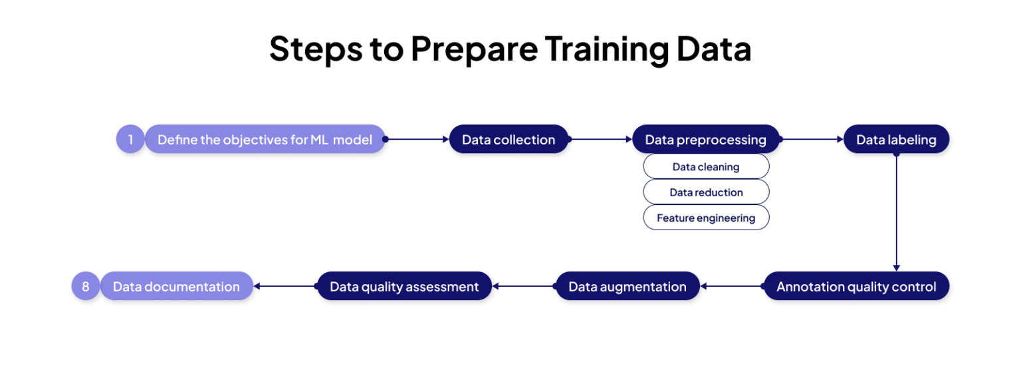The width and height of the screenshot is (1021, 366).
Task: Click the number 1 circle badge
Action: tap(130, 140)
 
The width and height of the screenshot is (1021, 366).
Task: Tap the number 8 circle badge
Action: tap(85, 287)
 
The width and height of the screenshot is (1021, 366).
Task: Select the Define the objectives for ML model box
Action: tap(265, 140)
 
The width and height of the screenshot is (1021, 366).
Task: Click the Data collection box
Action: tap(509, 140)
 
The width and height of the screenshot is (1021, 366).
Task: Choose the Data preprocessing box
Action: tap(705, 140)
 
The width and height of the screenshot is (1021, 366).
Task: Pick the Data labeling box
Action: tap(896, 140)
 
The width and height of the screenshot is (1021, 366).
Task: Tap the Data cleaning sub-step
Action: tap(705, 167)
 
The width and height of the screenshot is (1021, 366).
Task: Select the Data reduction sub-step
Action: tap(705, 192)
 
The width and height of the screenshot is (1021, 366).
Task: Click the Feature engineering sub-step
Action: tap(705, 218)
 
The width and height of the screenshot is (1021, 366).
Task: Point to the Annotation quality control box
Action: tap(856, 287)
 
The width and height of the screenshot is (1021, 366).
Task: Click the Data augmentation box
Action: tap(627, 287)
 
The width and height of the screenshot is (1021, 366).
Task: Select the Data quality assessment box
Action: tap(404, 287)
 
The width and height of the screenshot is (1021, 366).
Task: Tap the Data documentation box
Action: tap(176, 287)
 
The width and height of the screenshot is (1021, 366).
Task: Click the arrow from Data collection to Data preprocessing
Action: tap(601, 140)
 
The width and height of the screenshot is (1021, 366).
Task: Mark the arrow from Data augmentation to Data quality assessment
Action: tap(524, 287)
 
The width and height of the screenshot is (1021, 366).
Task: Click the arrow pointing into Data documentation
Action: tap(284, 287)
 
